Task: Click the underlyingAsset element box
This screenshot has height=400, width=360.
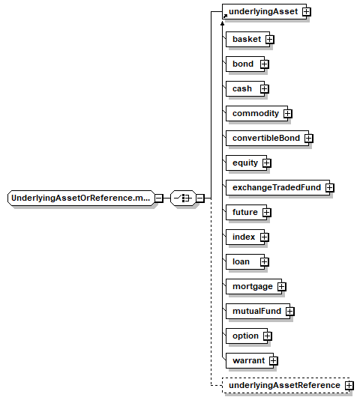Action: pos(264,11)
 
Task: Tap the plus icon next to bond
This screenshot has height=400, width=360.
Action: pos(265,64)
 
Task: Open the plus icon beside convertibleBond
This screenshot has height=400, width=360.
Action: pos(309,139)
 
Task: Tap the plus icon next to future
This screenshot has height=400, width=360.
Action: pos(267,213)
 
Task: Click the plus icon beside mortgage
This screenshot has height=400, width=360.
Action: pos(281,287)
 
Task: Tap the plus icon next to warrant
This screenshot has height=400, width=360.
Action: pos(274,361)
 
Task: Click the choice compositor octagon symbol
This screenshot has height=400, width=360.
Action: pos(183,198)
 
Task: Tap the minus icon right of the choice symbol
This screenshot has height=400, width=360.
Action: pos(200,199)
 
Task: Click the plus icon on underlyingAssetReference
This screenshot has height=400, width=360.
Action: pos(349,386)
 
